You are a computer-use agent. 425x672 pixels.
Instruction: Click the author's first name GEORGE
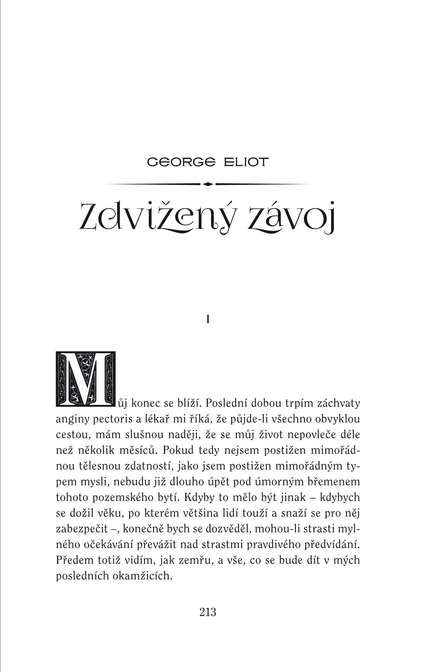pos(181,162)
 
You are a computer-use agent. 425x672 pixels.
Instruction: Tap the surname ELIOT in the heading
pos(246,162)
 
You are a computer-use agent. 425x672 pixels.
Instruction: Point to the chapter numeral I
pos(208,319)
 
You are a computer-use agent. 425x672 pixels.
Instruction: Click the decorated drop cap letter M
pos(86,379)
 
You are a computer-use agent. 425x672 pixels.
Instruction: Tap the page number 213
pos(208,612)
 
